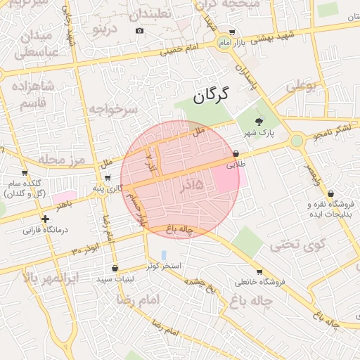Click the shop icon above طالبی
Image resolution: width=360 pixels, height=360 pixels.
coord(236,153)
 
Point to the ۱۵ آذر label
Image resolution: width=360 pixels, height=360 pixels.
coord(191,185)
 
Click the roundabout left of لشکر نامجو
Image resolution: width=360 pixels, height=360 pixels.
coord(297,141)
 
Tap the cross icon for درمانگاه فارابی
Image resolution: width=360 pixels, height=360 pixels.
coord(45,219)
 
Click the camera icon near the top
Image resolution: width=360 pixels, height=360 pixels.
coord(139,30)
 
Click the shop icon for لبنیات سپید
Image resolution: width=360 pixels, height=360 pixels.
coord(115,268)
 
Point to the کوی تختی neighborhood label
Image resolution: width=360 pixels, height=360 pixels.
coord(299,245)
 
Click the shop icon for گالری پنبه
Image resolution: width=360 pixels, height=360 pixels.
coord(107,178)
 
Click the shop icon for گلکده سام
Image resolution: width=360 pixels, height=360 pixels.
coord(25,173)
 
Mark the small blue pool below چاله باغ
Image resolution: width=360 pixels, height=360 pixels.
coord(164,255)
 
